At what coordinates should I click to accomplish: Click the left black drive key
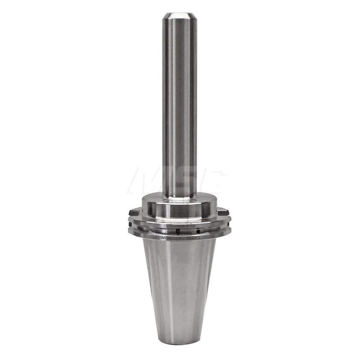coord(134,212)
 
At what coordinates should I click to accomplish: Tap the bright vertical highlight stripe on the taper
coord(169,288)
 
